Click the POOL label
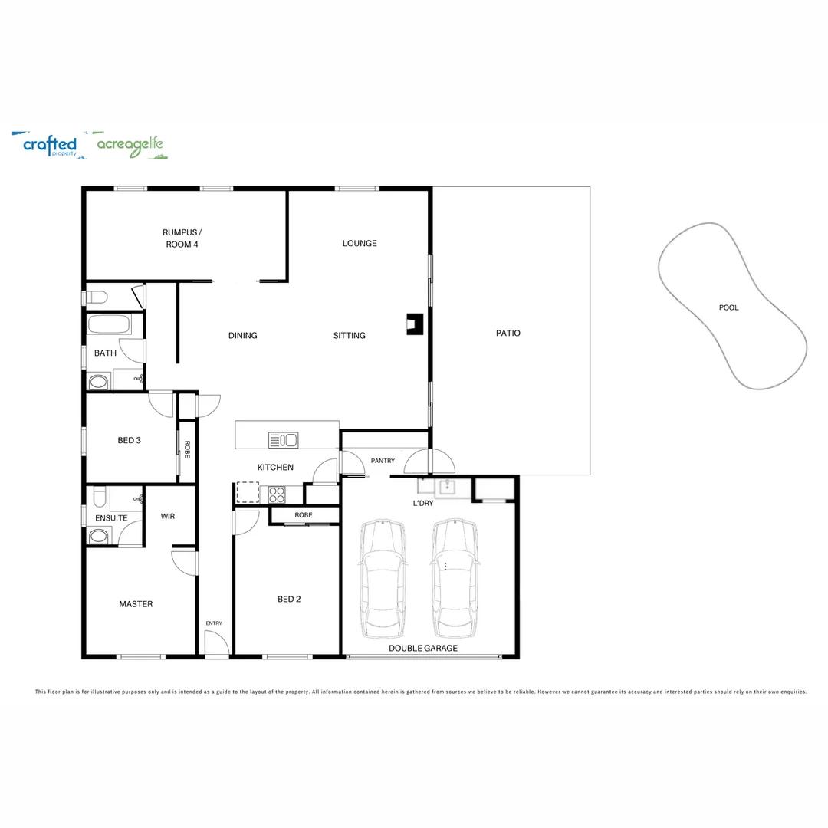pyautogui.click(x=728, y=307)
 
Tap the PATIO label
pyautogui.click(x=508, y=333)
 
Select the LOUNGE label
pyautogui.click(x=360, y=244)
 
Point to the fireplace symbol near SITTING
pyautogui.click(x=415, y=324)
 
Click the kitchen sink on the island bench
pyautogui.click(x=283, y=440)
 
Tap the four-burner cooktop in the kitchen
pyautogui.click(x=277, y=495)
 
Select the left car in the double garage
pyautogui.click(x=383, y=578)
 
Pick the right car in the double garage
pyautogui.click(x=455, y=578)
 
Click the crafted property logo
pyautogui.click(x=49, y=145)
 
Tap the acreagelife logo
pyautogui.click(x=130, y=145)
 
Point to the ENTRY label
pyautogui.click(x=214, y=623)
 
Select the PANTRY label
pyautogui.click(x=383, y=461)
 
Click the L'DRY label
pyautogui.click(x=423, y=503)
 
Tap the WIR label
pyautogui.click(x=168, y=517)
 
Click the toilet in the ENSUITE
pyautogui.click(x=99, y=496)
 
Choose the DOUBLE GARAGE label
pyautogui.click(x=423, y=648)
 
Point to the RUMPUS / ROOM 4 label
pyautogui.click(x=182, y=238)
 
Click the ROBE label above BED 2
pyautogui.click(x=304, y=515)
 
